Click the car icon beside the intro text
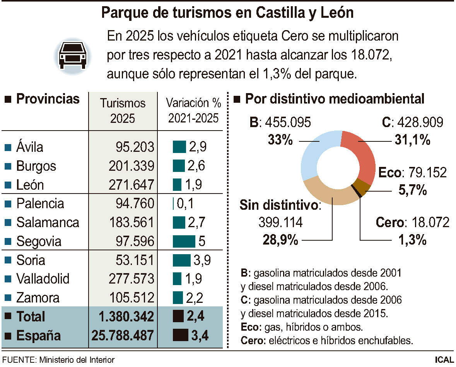[72, 55]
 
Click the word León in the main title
[337, 13]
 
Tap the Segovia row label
[39, 241]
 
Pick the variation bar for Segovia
[184, 241]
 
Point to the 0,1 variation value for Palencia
[185, 204]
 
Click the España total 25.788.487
[123, 335]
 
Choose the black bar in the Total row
[178, 316]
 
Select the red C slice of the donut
[362, 153]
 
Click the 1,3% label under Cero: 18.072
[412, 240]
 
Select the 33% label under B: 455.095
[280, 140]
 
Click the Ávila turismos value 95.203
[135, 147]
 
